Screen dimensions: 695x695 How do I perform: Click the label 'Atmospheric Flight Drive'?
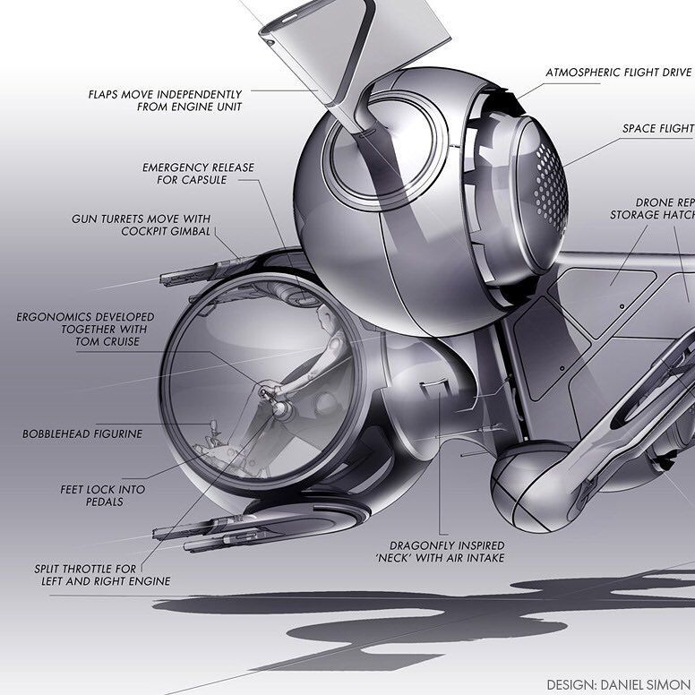pos(618,71)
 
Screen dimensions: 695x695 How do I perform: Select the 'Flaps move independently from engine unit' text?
pos(165,99)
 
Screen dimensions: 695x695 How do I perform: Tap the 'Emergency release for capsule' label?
pos(198,173)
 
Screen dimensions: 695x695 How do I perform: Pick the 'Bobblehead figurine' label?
pos(82,433)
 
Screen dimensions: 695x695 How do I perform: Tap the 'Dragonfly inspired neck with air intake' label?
pos(447,551)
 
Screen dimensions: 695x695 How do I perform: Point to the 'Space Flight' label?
pos(657,129)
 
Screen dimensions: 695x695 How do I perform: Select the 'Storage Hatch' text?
pos(652,215)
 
